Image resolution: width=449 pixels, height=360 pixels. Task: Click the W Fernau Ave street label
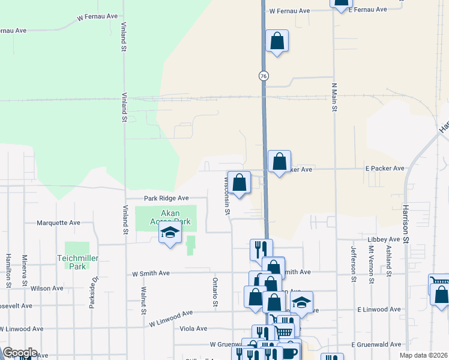click(x=289, y=11)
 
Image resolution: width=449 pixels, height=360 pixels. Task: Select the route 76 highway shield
click(x=264, y=76)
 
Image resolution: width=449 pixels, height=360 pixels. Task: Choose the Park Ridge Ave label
click(x=166, y=198)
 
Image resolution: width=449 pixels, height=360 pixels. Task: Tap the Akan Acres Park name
click(x=166, y=217)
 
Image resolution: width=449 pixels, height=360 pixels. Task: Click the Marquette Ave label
click(x=58, y=223)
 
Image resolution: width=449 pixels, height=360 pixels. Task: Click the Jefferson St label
click(x=354, y=263)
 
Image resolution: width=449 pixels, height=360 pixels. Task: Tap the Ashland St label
click(x=390, y=263)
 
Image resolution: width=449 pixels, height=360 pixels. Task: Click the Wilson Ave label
click(x=47, y=289)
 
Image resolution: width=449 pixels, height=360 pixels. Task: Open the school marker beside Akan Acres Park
click(x=170, y=233)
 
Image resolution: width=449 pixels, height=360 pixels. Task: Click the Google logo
click(x=20, y=353)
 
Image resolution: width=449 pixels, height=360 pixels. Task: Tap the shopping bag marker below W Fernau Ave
click(x=277, y=41)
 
